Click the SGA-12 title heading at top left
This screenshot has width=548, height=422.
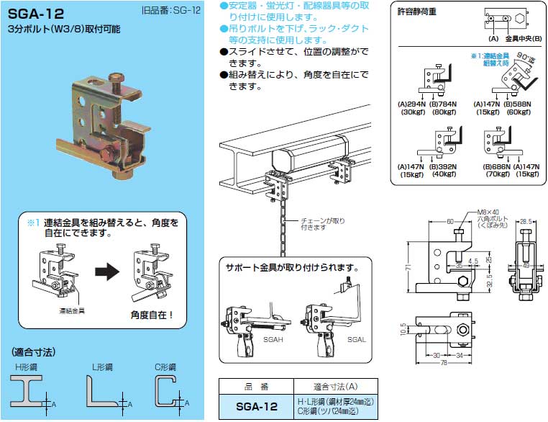[36, 14]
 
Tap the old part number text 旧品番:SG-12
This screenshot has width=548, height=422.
[170, 12]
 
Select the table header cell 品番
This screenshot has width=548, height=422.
[255, 386]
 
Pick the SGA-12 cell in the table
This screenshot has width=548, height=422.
[256, 406]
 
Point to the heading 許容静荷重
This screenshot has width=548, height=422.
[416, 12]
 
